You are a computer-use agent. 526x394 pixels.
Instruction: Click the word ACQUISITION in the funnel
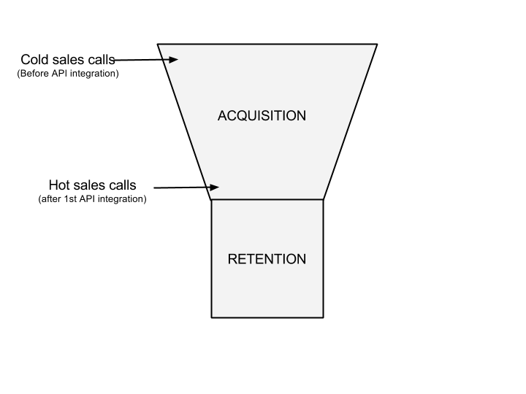click(262, 115)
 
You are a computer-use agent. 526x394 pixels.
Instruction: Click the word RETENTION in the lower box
click(267, 259)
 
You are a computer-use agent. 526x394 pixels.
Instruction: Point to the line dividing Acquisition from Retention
click(267, 199)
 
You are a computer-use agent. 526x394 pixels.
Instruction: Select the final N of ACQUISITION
click(300, 115)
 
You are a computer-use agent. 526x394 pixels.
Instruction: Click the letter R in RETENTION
click(232, 259)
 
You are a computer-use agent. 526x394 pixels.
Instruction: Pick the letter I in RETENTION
click(282, 259)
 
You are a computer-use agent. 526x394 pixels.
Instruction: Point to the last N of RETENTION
click(301, 259)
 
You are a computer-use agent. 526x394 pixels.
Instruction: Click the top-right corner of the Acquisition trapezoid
click(376, 45)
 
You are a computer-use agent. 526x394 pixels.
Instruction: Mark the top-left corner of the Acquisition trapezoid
click(159, 45)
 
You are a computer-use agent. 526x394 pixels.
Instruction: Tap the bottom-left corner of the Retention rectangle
click(213, 316)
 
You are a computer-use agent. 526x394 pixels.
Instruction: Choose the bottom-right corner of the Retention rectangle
click(322, 316)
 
